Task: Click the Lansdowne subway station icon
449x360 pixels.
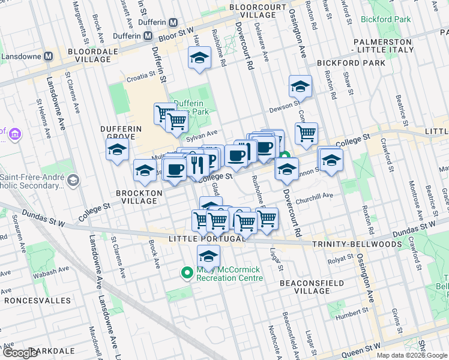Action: pos(48,56)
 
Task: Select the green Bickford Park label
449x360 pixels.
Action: pos(386,19)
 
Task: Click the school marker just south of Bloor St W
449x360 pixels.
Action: pos(199,59)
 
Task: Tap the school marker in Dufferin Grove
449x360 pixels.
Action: pos(117,149)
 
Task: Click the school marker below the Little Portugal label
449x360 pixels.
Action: pos(208,256)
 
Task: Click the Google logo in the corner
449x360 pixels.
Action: pos(20,353)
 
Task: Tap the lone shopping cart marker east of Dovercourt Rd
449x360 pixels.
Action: pos(306,133)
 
